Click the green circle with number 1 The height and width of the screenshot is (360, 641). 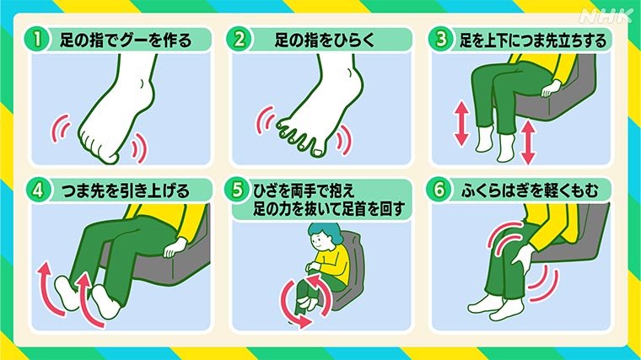click(40, 40)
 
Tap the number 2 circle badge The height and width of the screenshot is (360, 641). click(241, 40)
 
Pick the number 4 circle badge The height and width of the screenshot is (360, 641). click(40, 190)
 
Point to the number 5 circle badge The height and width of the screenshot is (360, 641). click(241, 190)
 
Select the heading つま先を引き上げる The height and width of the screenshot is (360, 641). click(126, 190)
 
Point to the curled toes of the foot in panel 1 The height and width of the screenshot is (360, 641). click(105, 152)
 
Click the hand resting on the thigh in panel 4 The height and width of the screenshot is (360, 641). click(174, 246)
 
